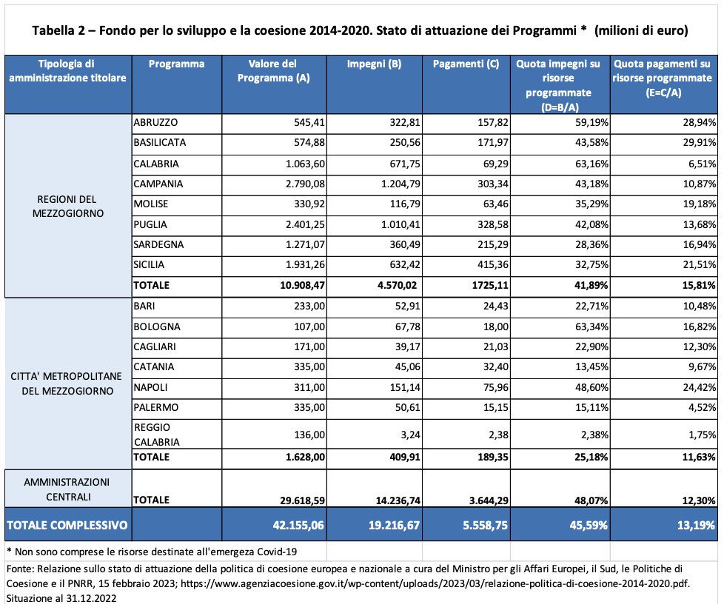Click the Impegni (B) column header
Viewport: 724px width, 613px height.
coord(374,64)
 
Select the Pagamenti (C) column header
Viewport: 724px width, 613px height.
coord(466,64)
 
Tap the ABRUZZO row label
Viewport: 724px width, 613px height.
coord(155,122)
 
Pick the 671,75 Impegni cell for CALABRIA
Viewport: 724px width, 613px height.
coord(405,164)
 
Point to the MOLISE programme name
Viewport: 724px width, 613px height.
coord(151,204)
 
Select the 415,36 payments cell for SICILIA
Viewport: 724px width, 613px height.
coord(493,264)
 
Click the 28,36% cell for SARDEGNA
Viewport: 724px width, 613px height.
coord(592,244)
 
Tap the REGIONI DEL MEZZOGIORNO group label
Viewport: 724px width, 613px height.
coord(67,207)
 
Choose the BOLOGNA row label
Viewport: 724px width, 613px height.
coord(157,326)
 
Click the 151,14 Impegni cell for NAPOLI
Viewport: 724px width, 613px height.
coord(405,387)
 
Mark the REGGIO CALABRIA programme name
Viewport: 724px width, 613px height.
coord(156,435)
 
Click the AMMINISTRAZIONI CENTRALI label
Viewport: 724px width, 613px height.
coord(67,489)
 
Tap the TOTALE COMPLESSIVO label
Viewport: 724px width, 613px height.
coord(67,526)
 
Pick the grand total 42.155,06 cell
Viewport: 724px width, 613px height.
coord(298,526)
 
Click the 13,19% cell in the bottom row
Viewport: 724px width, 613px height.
coord(696,526)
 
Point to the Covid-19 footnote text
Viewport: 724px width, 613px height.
coord(152,552)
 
